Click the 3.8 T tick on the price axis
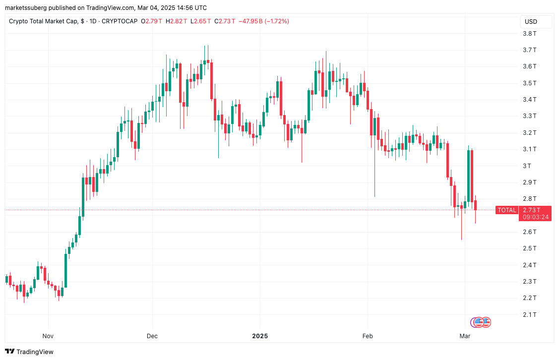click(530, 34)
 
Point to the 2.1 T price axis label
click(530, 314)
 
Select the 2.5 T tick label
click(530, 248)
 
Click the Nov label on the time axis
click(48, 336)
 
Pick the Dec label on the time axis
click(152, 336)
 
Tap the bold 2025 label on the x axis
click(260, 336)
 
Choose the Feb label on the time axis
click(368, 336)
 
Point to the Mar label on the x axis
click(465, 336)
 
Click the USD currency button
click(531, 22)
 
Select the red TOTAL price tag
click(507, 210)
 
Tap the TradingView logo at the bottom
click(30, 352)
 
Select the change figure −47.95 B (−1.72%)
click(263, 21)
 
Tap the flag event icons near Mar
click(481, 322)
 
